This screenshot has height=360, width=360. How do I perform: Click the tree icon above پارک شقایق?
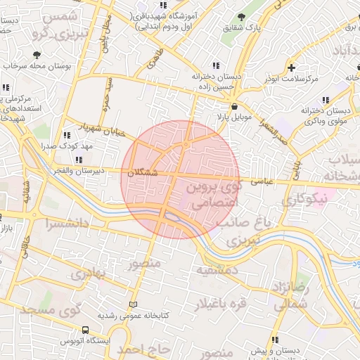click(242, 17)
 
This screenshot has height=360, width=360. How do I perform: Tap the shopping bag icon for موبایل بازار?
click(224, 105)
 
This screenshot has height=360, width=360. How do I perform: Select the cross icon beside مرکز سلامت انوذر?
click(291, 67)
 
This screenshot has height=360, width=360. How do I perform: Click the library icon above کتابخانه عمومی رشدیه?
click(134, 304)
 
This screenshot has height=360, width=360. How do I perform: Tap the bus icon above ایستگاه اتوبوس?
click(85, 329)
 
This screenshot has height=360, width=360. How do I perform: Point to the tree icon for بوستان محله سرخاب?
click(37, 55)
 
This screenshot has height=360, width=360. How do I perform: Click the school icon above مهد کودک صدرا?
click(67, 135)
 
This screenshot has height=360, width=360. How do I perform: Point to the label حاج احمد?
click(143, 349)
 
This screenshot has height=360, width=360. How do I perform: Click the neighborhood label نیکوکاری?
click(304, 200)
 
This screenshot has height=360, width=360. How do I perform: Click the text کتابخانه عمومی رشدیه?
click(134, 316)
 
